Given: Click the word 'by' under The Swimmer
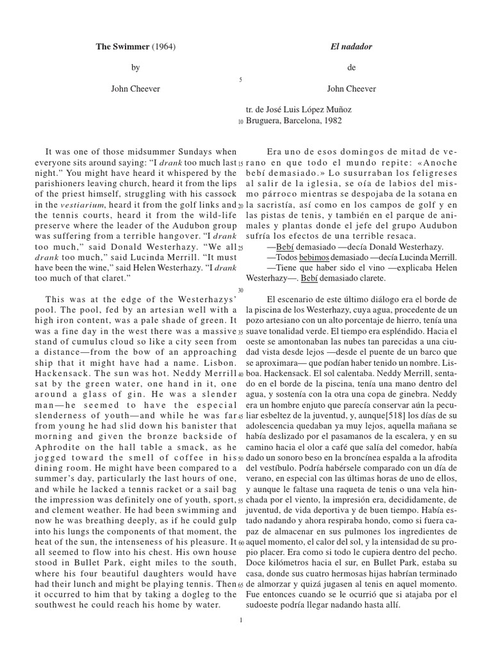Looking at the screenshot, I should click(x=135, y=68).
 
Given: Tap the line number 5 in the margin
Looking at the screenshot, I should click(x=240, y=80).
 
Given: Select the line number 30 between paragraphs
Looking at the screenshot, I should click(x=240, y=289).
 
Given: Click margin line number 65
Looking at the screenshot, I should click(x=240, y=585).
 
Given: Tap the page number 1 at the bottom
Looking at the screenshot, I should click(x=240, y=620).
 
